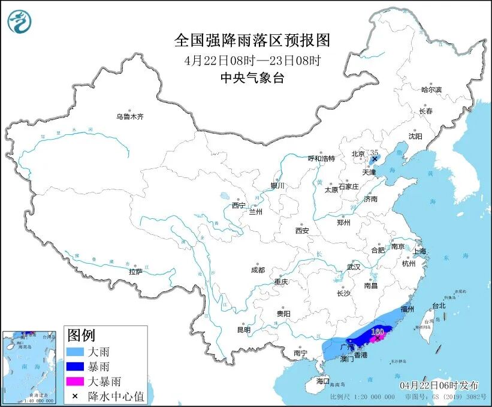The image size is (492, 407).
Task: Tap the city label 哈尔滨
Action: click(431, 89)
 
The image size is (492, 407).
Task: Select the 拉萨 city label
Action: click(135, 272)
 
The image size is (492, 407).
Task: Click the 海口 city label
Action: click(323, 381)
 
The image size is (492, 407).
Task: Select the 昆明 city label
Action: click(243, 330)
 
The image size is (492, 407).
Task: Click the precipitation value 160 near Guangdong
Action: click(378, 331)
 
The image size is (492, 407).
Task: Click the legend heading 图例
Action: click(81, 335)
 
